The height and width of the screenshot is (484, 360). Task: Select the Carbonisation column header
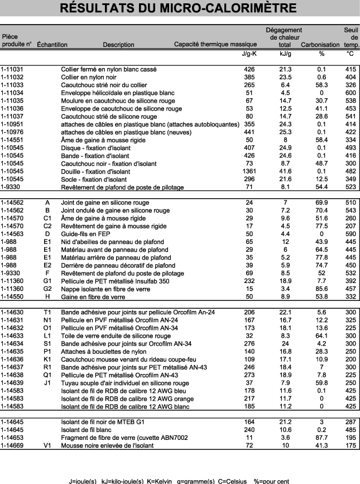[x=320, y=45]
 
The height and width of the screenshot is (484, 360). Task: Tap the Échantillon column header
[x=52, y=45]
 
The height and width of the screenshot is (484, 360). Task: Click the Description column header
[x=118, y=45]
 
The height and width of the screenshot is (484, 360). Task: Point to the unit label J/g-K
[x=246, y=54]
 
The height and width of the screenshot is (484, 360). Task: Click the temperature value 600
[x=350, y=93]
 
